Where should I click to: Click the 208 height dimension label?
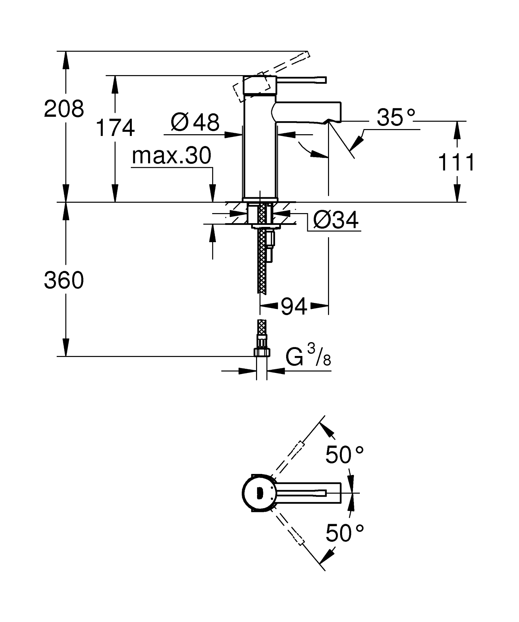(64, 109)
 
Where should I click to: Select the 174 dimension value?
(115, 128)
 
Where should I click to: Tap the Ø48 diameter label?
(195, 122)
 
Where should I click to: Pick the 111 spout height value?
(456, 162)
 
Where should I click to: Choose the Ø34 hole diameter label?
(335, 220)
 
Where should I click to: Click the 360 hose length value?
(64, 280)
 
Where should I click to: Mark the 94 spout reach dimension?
(294, 306)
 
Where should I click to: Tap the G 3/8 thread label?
(308, 357)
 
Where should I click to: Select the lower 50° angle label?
(344, 533)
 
